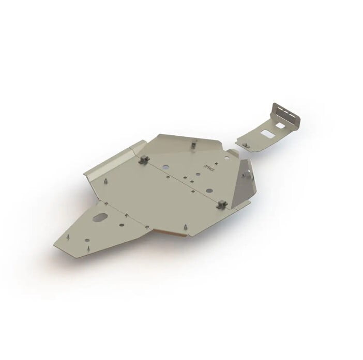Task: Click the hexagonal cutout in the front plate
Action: pos(100,218)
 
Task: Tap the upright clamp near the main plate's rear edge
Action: pos(193,145)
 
